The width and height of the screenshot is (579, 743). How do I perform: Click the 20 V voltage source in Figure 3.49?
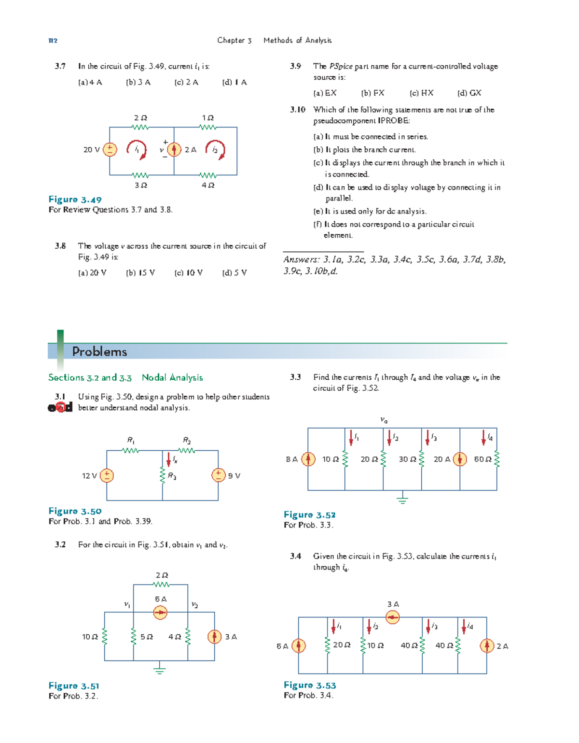(110, 150)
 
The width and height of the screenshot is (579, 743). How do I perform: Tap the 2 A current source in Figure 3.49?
(174, 150)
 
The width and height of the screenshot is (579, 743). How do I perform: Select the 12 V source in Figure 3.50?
(107, 475)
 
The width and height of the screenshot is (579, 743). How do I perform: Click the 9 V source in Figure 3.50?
(218, 475)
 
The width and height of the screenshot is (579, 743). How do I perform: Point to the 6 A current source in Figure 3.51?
(160, 613)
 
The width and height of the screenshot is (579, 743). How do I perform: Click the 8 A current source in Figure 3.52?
(308, 459)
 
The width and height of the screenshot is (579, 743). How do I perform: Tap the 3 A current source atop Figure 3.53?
(393, 617)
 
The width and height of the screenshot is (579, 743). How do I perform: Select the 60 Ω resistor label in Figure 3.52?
(482, 459)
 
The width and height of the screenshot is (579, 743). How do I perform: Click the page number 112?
(53, 41)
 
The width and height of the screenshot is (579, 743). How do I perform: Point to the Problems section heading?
(99, 352)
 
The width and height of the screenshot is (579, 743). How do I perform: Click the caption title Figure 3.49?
(75, 200)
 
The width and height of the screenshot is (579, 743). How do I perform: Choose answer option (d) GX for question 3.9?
(469, 93)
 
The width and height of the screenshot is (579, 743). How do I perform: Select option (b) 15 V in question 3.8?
(140, 273)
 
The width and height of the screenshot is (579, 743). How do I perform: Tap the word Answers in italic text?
(301, 260)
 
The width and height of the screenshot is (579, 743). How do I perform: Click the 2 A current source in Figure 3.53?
(487, 645)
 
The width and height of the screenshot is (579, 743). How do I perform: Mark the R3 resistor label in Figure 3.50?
(172, 476)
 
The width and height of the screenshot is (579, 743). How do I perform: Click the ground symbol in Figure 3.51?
(160, 669)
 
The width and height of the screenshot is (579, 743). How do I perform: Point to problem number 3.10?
(297, 110)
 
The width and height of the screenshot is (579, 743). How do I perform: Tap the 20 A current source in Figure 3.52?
(460, 459)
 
